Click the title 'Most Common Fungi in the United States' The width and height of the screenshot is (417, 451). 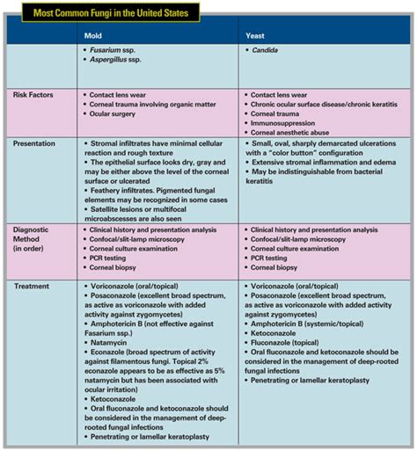pyautogui.click(x=102, y=12)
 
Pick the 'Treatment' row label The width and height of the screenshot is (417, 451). pyautogui.click(x=33, y=287)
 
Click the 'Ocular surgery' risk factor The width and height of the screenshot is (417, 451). pyautogui.click(x=119, y=113)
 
